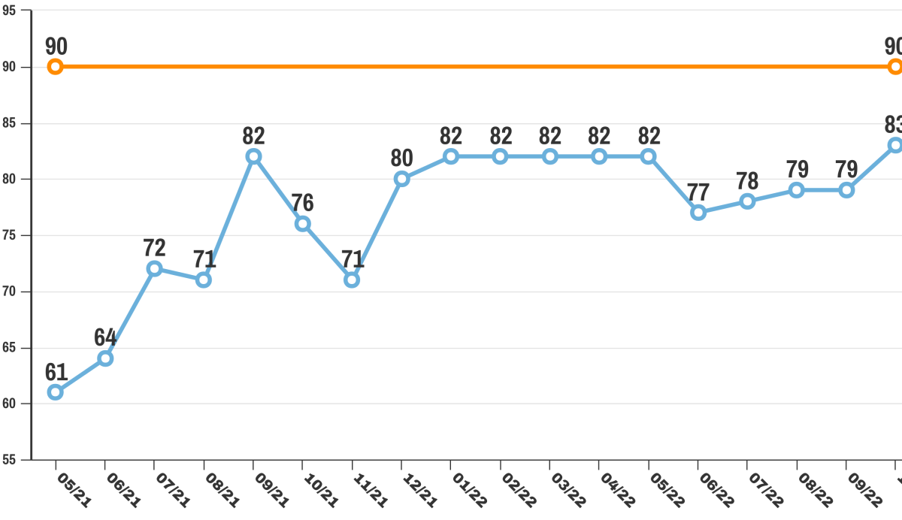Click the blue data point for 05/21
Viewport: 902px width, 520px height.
coord(55,392)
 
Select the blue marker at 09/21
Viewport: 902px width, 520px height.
coord(253,156)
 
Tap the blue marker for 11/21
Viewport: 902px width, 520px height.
coord(352,280)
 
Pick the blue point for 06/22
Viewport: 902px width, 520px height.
coord(698,213)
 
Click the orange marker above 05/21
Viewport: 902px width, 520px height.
coord(55,67)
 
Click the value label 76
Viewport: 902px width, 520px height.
coord(303,203)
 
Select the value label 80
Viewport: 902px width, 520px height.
coord(402,159)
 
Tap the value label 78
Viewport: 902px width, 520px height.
coord(748,181)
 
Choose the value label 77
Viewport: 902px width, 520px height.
coord(698,192)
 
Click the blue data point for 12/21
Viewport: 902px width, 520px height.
coord(401,179)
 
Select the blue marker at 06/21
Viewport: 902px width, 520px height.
coord(105,358)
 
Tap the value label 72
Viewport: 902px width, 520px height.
coord(155,248)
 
